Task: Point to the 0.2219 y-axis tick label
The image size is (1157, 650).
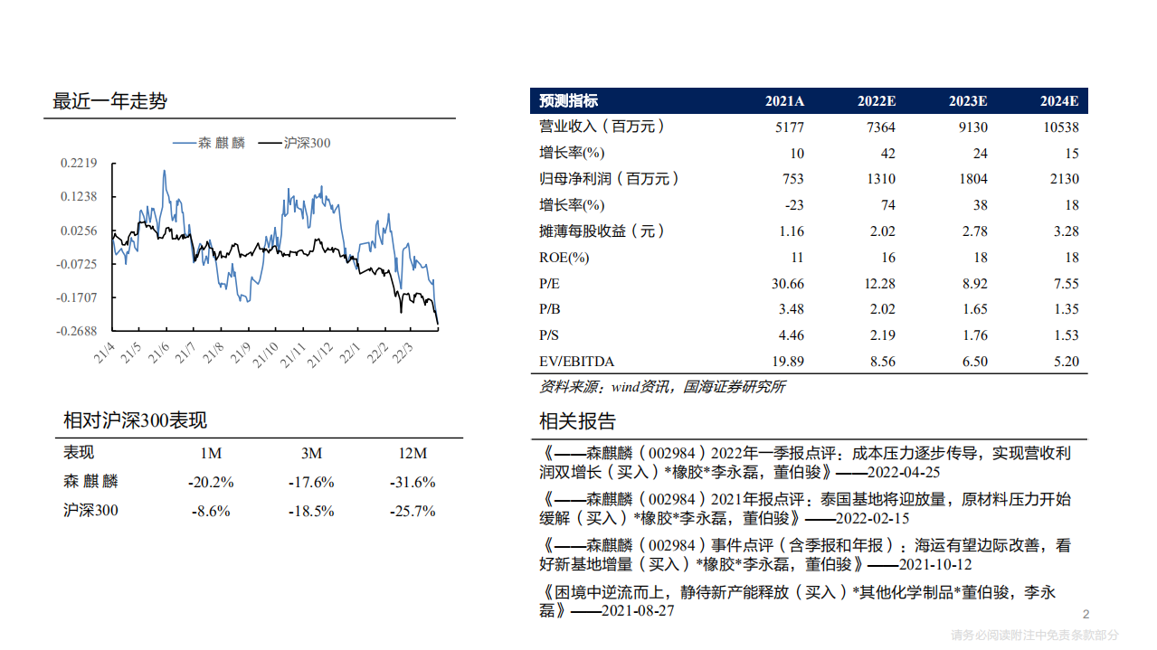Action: tap(79, 164)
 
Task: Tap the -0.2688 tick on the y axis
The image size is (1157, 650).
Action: tap(78, 332)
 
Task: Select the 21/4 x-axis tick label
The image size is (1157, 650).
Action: tap(104, 353)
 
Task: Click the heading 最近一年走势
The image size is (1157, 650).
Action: tap(110, 101)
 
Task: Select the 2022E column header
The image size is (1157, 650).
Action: tap(876, 101)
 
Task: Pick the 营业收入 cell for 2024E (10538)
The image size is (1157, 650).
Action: tap(1059, 127)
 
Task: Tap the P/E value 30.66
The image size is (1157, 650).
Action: tap(783, 284)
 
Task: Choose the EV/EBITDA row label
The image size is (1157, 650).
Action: tap(576, 362)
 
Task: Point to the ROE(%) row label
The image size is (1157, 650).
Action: tap(564, 258)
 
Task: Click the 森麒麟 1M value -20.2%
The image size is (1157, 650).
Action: tap(211, 482)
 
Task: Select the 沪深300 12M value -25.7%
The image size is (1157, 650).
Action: tap(413, 511)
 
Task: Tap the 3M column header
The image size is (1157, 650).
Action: tap(311, 453)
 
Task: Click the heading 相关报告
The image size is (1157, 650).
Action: tap(577, 421)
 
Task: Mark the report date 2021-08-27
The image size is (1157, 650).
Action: tap(638, 612)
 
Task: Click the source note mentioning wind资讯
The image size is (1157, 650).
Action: tap(662, 387)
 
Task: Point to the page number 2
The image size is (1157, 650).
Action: tap(1086, 616)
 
